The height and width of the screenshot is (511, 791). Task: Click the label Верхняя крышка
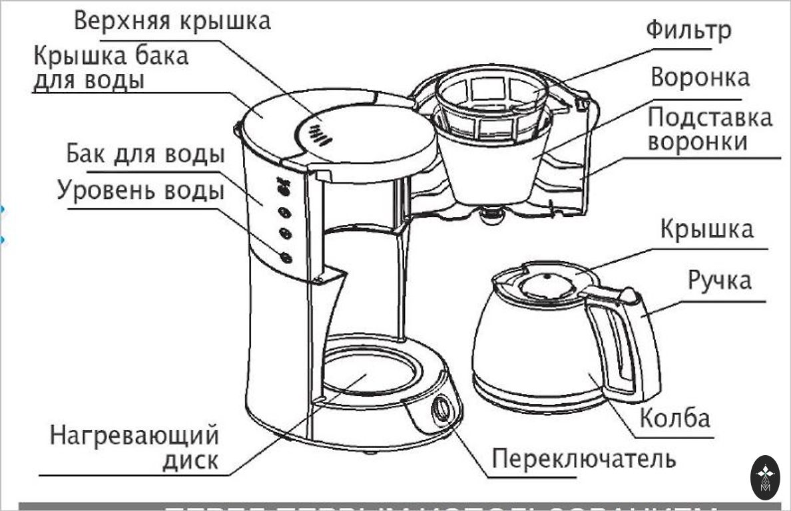[172, 21]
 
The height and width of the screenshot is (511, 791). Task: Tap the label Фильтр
[688, 31]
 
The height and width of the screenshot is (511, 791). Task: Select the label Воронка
[700, 77]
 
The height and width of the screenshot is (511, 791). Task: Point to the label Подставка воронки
[710, 130]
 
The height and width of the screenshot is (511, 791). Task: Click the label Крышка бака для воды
[111, 67]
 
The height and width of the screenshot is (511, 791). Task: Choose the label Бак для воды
[145, 155]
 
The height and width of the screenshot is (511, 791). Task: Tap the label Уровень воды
[140, 191]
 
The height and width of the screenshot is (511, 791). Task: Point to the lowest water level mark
[286, 257]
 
